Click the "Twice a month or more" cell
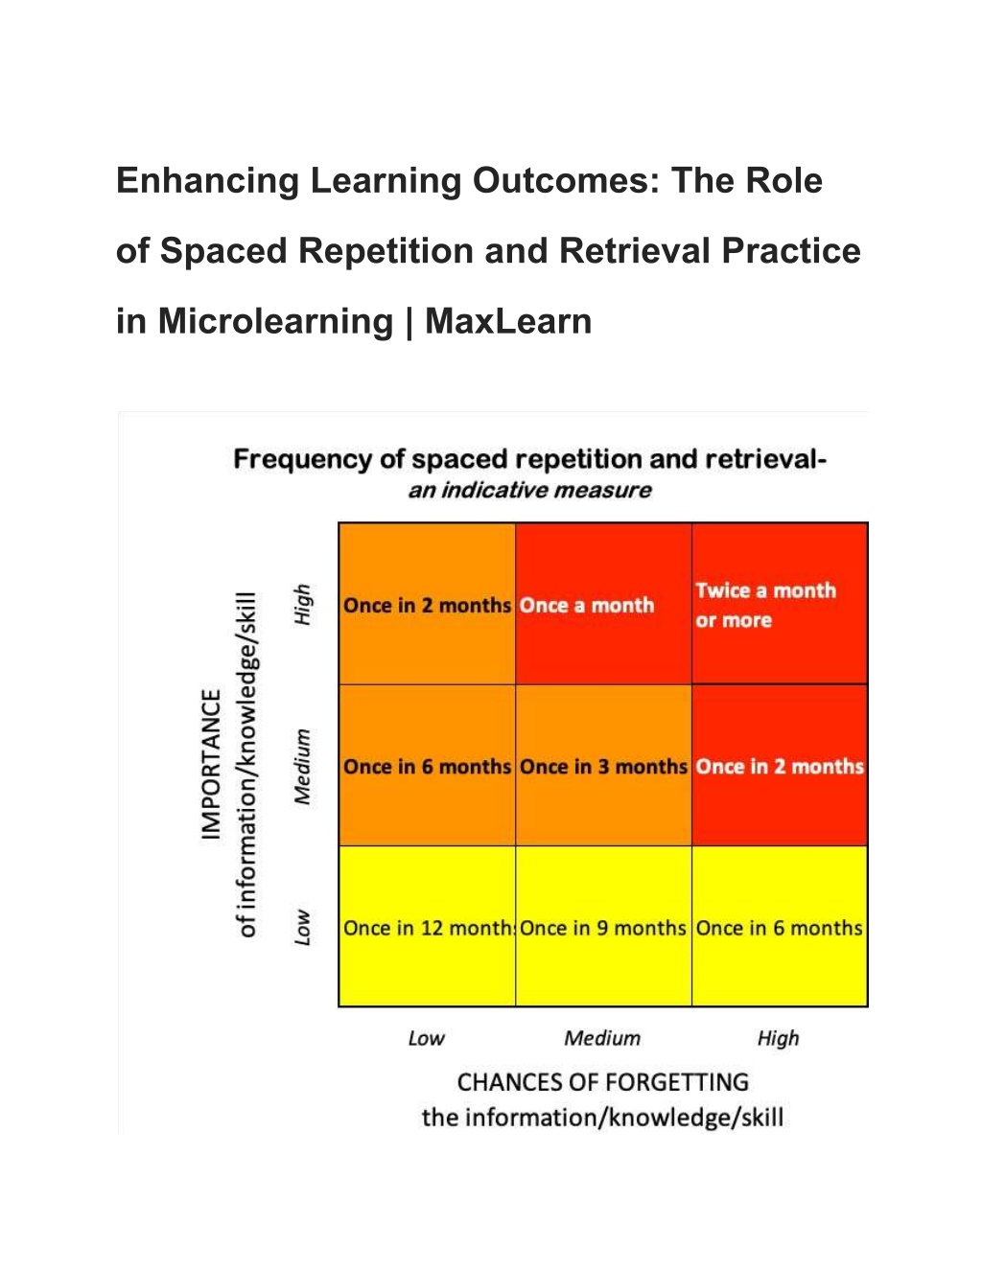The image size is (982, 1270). click(x=780, y=604)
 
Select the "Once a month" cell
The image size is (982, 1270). click(x=604, y=604)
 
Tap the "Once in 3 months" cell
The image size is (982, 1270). click(x=604, y=765)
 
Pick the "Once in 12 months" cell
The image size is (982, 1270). click(x=428, y=926)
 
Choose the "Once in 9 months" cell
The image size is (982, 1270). click(x=604, y=926)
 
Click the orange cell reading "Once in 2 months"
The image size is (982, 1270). click(x=428, y=604)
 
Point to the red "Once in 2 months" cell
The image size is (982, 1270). click(x=780, y=765)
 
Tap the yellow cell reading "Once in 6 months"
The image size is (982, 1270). click(x=780, y=926)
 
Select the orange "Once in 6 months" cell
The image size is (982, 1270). click(x=428, y=765)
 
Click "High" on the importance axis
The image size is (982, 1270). click(x=302, y=604)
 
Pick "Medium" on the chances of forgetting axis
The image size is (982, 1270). click(x=602, y=1038)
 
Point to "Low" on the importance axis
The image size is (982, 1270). click(x=302, y=927)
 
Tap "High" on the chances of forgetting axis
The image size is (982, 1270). click(x=778, y=1039)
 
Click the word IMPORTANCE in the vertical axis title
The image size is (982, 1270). click(x=211, y=765)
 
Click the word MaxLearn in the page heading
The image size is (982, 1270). click(x=508, y=321)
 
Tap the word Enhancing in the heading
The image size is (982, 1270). click(x=207, y=181)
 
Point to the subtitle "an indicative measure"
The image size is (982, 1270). click(x=529, y=490)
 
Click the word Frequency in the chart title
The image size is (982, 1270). click(x=302, y=460)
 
